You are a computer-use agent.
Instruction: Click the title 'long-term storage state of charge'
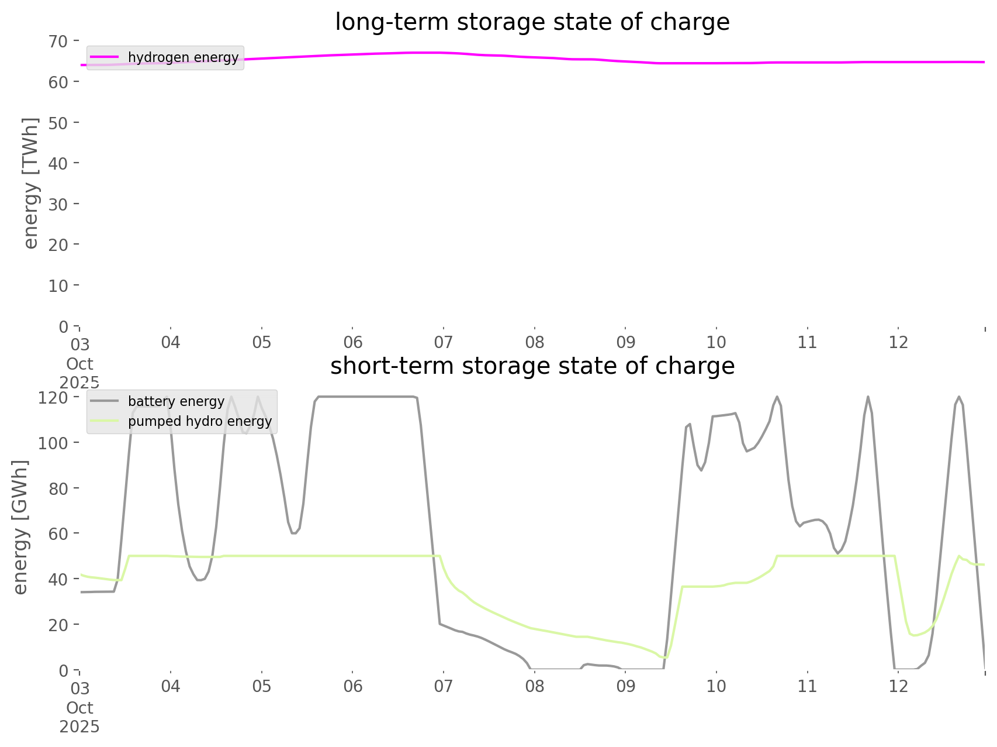(x=532, y=22)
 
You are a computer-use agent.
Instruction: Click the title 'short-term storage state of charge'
(x=532, y=366)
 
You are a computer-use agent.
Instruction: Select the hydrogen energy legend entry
(x=183, y=57)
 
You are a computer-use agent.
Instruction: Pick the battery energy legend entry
(x=176, y=401)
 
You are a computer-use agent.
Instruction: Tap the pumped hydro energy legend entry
(x=199, y=421)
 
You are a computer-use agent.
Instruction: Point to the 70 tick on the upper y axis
(x=58, y=42)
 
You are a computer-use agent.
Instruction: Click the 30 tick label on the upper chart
(x=58, y=204)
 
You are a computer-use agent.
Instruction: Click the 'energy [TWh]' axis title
(x=31, y=183)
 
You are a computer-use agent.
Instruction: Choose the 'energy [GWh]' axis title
(x=20, y=527)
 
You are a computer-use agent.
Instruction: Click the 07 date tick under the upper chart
(x=444, y=342)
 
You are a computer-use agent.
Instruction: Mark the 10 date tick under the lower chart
(x=716, y=686)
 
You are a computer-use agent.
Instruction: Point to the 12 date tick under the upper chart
(x=899, y=342)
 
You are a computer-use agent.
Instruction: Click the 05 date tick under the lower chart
(x=262, y=686)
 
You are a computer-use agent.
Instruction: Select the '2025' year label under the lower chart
(x=79, y=727)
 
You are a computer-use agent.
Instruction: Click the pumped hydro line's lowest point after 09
(x=664, y=658)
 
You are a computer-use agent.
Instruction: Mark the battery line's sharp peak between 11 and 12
(x=868, y=397)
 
